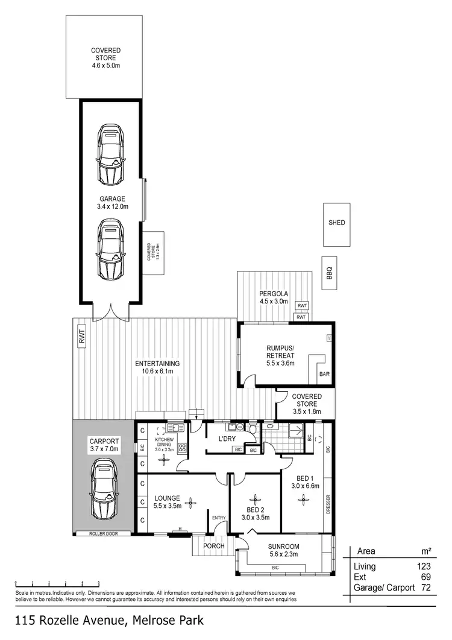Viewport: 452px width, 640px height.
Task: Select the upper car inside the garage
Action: pyautogui.click(x=110, y=156)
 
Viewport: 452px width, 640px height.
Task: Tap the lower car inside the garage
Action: pyautogui.click(x=110, y=249)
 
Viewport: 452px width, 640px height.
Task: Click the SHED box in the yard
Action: pyautogui.click(x=337, y=223)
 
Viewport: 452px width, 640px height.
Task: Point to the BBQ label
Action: pyautogui.click(x=329, y=274)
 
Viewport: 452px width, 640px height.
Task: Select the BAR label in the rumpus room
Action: pyautogui.click(x=325, y=375)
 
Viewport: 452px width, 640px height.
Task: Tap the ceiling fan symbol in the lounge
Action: pyautogui.click(x=191, y=502)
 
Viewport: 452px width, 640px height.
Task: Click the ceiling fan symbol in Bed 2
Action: pyautogui.click(x=256, y=498)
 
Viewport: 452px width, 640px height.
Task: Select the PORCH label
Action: pyautogui.click(x=214, y=547)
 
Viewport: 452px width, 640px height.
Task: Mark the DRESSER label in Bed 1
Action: pyautogui.click(x=327, y=505)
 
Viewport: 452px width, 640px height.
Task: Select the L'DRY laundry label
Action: pyautogui.click(x=227, y=439)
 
